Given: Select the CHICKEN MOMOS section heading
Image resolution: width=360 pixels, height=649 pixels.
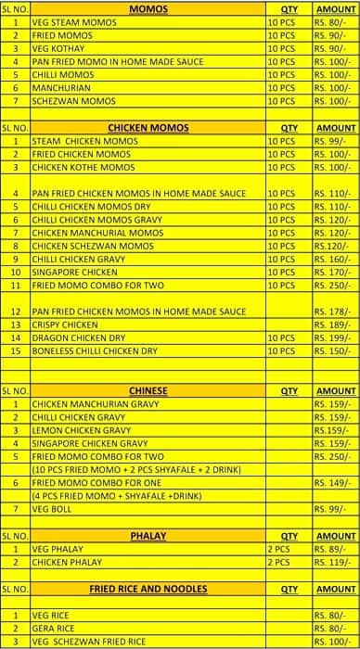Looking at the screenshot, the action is [x=148, y=128].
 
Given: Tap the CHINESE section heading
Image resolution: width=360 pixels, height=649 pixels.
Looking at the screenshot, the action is [x=148, y=391].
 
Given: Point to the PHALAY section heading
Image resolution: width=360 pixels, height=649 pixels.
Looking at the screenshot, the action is [x=148, y=535].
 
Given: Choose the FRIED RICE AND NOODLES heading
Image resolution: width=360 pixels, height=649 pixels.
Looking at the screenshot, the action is [x=148, y=589].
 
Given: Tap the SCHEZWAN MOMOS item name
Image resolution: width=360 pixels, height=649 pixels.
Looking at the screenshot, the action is [x=73, y=100].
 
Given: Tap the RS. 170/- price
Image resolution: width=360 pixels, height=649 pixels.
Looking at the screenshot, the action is [x=335, y=273].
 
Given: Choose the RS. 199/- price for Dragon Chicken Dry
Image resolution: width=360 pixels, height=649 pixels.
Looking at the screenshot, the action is [x=335, y=338].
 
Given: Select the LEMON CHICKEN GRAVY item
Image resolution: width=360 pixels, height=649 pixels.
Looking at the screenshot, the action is [x=82, y=430].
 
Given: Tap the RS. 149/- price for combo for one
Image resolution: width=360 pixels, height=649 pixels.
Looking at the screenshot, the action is [x=335, y=483].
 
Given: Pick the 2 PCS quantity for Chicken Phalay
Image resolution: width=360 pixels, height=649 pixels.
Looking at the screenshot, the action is [x=278, y=562].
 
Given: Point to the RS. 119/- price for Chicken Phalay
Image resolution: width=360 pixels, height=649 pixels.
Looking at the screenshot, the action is [x=335, y=562].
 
